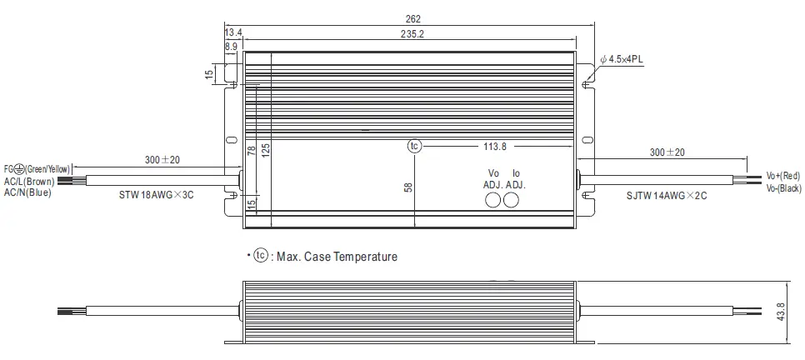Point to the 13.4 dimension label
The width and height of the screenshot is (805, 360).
232,32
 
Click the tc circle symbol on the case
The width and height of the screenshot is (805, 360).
415,147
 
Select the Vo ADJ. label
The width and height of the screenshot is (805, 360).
492,178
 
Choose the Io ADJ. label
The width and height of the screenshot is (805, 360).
515,178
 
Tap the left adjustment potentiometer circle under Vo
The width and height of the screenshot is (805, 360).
493,200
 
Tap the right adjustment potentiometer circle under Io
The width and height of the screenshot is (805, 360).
512,200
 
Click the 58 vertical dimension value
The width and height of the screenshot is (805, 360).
408,187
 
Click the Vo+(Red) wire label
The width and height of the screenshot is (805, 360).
782,177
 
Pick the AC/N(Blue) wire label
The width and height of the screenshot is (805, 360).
27,192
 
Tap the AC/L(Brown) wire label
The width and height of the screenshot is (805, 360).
31,181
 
